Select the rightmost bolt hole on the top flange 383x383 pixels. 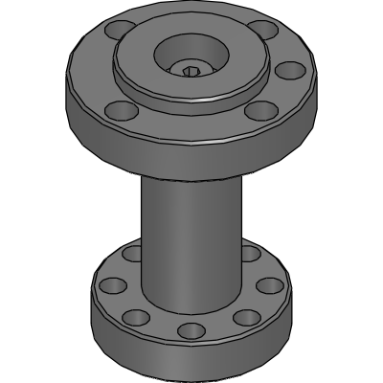tap(284, 70)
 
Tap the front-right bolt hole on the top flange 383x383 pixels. tap(258, 111)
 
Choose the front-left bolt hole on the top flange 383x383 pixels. tap(118, 112)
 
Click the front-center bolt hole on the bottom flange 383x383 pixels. tap(191, 330)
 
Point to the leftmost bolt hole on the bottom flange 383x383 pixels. tap(112, 284)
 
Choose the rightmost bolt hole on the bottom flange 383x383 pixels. tap(272, 284)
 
